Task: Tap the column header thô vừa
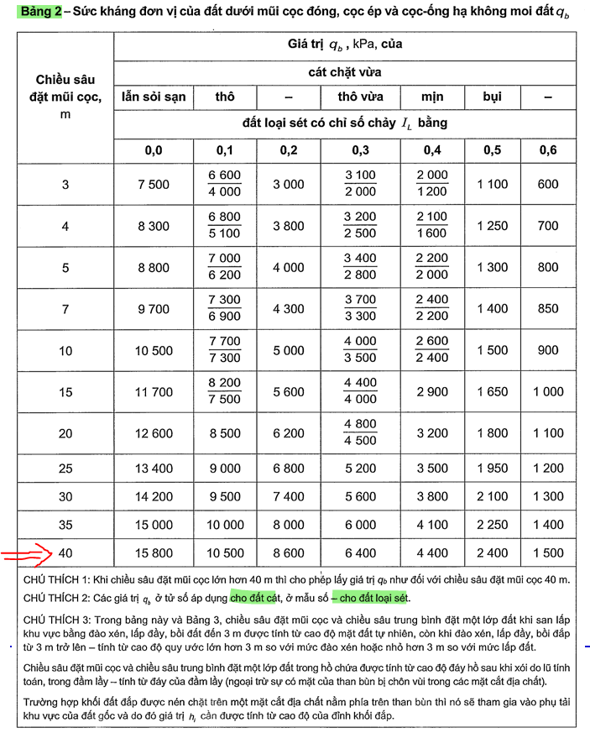360,97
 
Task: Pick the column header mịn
431,97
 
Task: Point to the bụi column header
492,97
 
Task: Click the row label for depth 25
65,468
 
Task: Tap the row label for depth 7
65,309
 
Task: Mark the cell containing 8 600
289,553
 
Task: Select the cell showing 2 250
492,525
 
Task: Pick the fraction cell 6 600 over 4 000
224,183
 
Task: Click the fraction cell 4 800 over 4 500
360,432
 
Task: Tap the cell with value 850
547,309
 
